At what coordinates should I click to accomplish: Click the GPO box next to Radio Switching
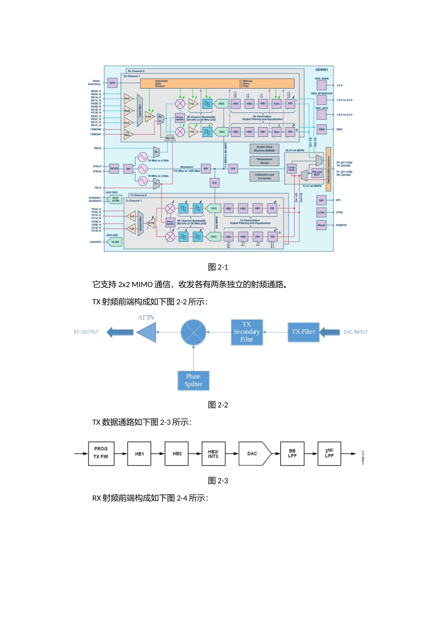[112, 83]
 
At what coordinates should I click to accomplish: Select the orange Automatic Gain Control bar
[217, 84]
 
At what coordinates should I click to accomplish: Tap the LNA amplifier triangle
[149, 117]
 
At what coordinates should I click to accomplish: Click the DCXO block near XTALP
[114, 168]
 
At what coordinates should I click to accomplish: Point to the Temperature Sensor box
[264, 161]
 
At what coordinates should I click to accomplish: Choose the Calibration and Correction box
[264, 176]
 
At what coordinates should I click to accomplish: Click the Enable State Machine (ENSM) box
[264, 149]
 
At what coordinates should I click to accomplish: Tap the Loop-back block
[291, 169]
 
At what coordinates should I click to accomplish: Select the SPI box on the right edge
[321, 200]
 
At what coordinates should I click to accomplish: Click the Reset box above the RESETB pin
[321, 225]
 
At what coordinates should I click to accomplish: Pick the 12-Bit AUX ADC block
[115, 242]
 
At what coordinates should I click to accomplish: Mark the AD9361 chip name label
[321, 70]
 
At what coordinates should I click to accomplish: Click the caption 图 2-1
[218, 267]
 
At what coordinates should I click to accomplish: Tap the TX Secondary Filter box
[247, 332]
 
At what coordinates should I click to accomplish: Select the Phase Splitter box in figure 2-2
[193, 381]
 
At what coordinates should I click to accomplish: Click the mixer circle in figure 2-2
[193, 332]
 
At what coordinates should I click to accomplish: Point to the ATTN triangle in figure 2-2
[147, 332]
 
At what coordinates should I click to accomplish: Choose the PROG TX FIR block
[101, 454]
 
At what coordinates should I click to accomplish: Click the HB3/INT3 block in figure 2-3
[213, 454]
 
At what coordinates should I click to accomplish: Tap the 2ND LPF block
[330, 454]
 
